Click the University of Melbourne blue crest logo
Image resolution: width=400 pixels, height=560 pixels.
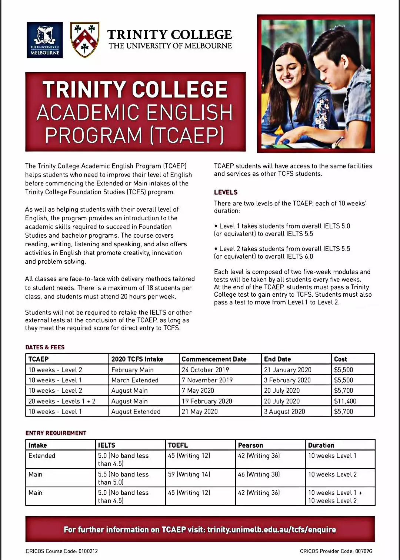[44, 40]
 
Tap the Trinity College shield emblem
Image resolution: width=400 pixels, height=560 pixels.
[85, 40]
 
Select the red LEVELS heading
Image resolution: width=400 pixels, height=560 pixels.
[226, 192]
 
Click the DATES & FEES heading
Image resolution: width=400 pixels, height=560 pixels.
[45, 347]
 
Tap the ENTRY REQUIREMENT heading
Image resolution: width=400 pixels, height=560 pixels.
[56, 433]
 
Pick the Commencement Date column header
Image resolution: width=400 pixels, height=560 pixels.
[214, 359]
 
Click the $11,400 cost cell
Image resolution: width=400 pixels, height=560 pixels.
[345, 401]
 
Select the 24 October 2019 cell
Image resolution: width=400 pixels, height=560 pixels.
[205, 370]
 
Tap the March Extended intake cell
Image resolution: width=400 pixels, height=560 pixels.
[135, 380]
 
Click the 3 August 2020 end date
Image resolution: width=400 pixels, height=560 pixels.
[284, 411]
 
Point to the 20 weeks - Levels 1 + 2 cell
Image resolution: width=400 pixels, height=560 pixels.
[62, 401]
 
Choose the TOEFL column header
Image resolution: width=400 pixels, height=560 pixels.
[178, 445]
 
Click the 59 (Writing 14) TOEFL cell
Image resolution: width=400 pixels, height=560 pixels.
[189, 474]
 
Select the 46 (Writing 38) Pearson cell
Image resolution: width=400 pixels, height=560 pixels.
[259, 474]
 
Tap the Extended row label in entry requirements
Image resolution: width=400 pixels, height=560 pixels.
[41, 455]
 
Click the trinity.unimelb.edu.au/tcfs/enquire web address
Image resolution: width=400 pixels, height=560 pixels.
[271, 529]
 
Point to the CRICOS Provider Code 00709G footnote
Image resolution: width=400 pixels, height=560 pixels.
[336, 551]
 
